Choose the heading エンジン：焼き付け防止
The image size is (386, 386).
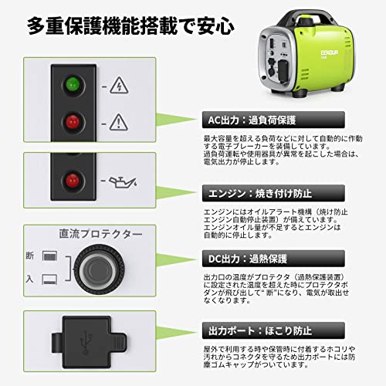258,193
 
